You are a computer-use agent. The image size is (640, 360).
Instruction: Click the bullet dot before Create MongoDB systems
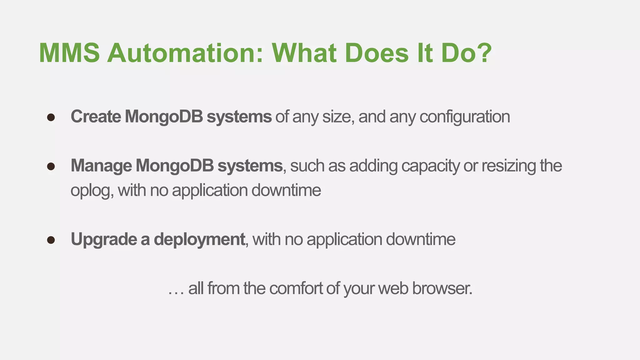tap(51, 117)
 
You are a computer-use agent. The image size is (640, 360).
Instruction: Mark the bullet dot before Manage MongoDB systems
tap(51, 166)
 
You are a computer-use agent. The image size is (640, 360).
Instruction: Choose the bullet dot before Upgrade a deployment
tap(51, 240)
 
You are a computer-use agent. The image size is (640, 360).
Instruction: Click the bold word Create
tap(96, 117)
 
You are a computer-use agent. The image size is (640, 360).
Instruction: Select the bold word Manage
tap(101, 166)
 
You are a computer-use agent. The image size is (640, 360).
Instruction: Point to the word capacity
tap(430, 166)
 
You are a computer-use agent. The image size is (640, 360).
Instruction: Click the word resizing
tap(509, 166)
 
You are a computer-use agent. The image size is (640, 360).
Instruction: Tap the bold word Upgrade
tap(104, 240)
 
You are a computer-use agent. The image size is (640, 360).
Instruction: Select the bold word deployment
tap(199, 240)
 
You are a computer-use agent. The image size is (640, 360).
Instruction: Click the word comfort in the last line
tap(296, 288)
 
